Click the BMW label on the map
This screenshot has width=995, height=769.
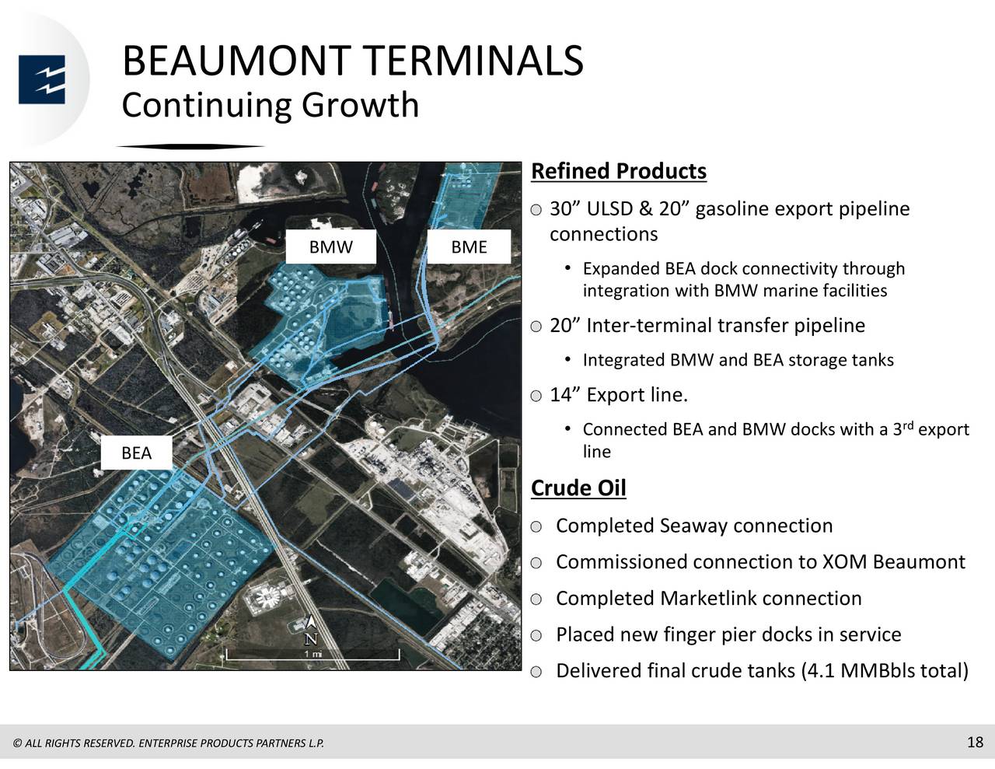click(330, 247)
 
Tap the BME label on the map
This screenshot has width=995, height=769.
click(469, 247)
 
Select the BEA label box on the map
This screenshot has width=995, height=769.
click(136, 453)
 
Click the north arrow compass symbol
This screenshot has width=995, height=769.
click(311, 630)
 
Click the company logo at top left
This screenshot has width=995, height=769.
click(42, 79)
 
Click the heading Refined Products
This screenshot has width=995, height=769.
click(618, 171)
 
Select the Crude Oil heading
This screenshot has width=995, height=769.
click(578, 488)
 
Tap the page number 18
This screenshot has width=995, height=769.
click(975, 742)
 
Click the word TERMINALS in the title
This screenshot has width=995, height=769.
click(473, 61)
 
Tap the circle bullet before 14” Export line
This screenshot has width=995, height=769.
click(537, 397)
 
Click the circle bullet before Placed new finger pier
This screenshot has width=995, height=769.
click(537, 635)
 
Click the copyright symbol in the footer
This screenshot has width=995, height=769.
click(17, 743)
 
